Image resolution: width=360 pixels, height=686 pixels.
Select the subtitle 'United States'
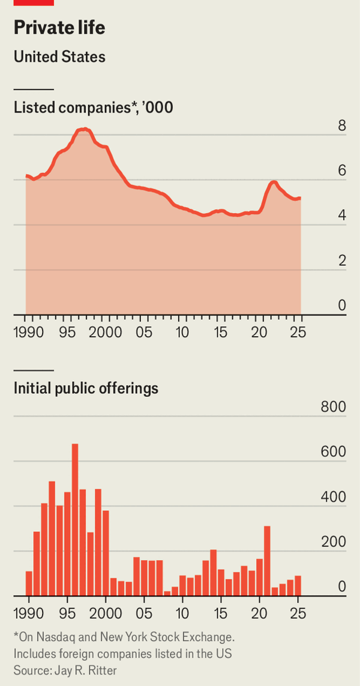tap(59, 57)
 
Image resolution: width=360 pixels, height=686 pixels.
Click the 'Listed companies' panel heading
tap(94, 108)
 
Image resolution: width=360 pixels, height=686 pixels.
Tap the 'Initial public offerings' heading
tap(86, 388)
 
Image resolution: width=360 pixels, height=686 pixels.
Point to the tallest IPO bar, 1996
tap(75, 520)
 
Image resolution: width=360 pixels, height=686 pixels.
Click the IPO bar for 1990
tap(29, 583)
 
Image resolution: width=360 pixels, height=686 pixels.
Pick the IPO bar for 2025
tap(298, 585)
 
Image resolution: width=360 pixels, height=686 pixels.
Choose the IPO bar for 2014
tap(213, 572)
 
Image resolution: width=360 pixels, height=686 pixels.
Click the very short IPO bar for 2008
tap(167, 593)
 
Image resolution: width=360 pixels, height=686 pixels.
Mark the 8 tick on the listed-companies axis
tap(342, 126)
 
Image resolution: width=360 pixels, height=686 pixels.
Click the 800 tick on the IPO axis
tap(333, 407)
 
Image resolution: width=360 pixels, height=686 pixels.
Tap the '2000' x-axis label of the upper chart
tap(106, 332)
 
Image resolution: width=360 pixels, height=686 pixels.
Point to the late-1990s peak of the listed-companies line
tap(84, 129)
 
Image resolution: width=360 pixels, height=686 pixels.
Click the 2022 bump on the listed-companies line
tap(274, 182)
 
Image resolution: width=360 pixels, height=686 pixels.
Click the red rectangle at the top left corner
tap(34, 2)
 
